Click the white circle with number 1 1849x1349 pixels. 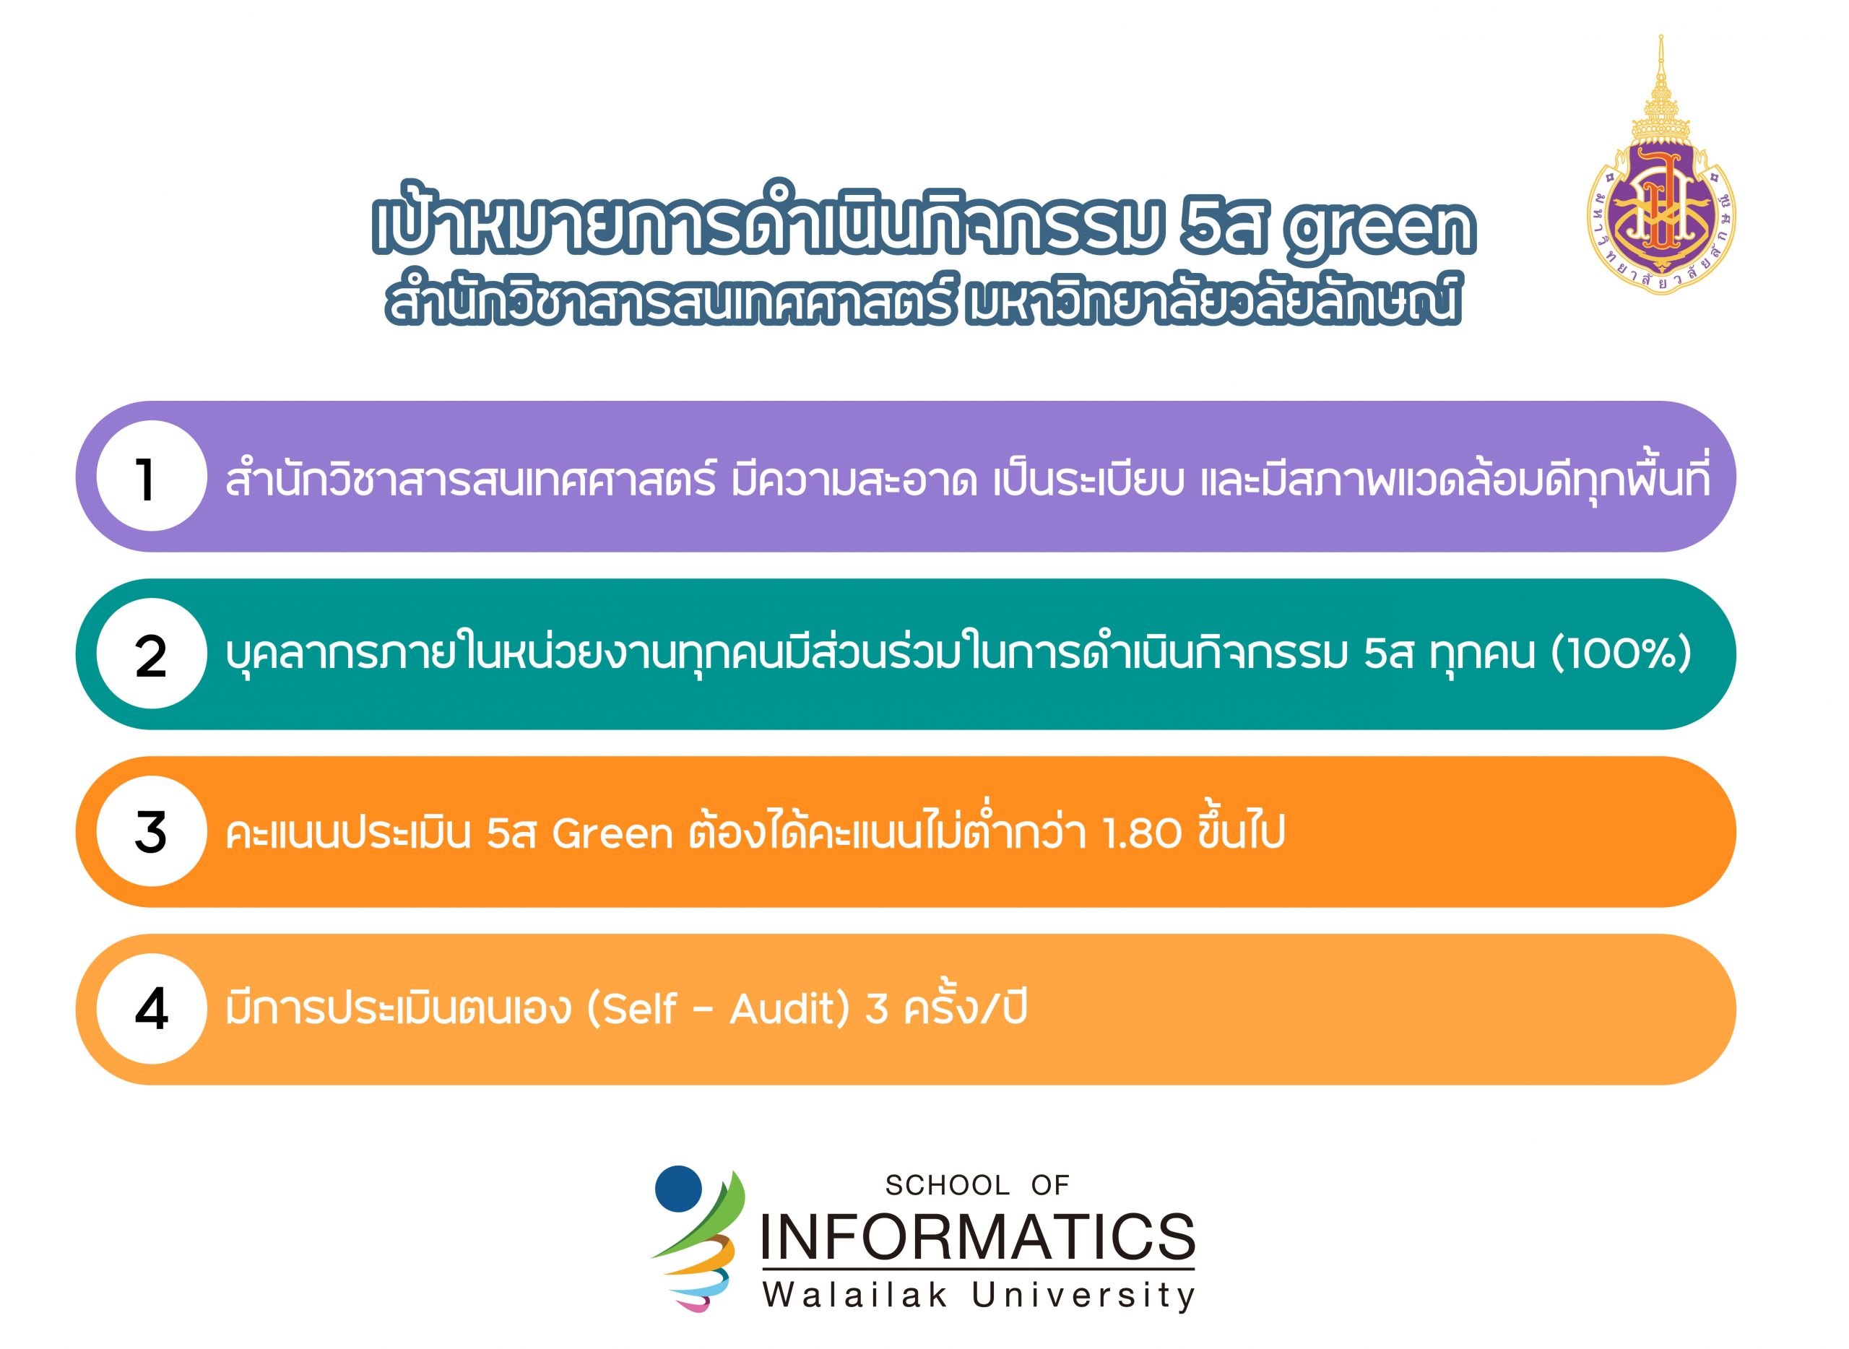[x=151, y=476]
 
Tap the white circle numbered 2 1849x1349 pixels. [x=151, y=654]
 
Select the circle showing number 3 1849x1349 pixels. [x=151, y=831]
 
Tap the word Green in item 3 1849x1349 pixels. [x=612, y=833]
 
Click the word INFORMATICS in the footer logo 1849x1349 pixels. [x=977, y=1237]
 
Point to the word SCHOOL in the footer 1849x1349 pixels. [x=948, y=1185]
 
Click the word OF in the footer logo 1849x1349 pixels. [x=1050, y=1185]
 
